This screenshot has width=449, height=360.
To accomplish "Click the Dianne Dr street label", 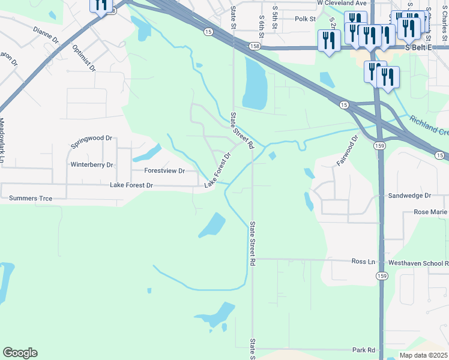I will coord(46,35).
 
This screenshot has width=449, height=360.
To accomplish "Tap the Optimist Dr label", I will coord(83,58).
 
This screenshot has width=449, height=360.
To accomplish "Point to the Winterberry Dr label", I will coord(92,164).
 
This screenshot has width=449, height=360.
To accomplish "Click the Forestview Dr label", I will coord(164,171).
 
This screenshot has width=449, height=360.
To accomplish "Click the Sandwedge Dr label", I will coord(410,196).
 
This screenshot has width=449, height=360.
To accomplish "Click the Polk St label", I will coord(305,19).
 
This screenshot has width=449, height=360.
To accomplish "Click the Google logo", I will coord(20,353).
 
